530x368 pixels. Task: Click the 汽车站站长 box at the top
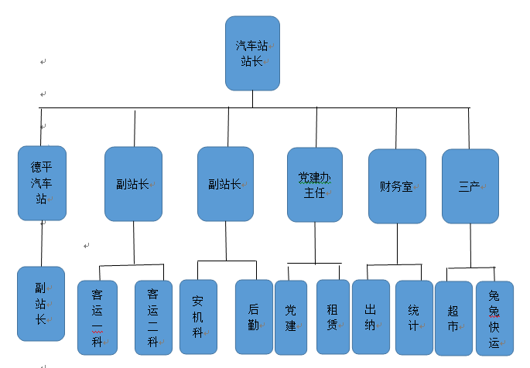click(x=252, y=53)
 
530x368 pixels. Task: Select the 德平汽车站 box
click(x=42, y=183)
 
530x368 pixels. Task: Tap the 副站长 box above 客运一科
click(x=133, y=184)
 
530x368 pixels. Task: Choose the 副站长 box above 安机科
click(x=225, y=184)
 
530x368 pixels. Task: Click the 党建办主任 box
click(x=314, y=185)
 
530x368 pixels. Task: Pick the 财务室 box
click(x=397, y=186)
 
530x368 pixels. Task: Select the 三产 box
click(x=470, y=186)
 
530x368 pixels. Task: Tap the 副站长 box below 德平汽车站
click(x=41, y=304)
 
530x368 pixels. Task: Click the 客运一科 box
click(x=97, y=317)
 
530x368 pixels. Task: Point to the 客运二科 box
click(x=153, y=317)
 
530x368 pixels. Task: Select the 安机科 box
click(x=198, y=316)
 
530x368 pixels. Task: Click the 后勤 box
click(x=254, y=316)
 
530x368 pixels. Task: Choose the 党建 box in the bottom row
click(x=291, y=317)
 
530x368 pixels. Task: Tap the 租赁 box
click(x=333, y=316)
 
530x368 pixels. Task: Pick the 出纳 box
click(x=371, y=316)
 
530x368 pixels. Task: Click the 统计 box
click(x=414, y=316)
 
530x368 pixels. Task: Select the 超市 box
click(x=453, y=317)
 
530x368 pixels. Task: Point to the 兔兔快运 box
click(x=494, y=318)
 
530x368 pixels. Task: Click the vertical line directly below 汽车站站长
click(x=252, y=99)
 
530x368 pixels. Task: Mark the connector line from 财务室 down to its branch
click(x=397, y=244)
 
